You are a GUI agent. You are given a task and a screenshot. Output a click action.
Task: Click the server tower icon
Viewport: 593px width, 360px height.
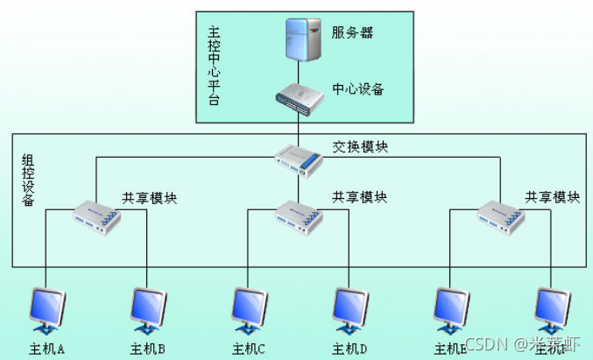(299, 40)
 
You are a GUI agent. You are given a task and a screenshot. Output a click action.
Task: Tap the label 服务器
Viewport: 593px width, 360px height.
(353, 33)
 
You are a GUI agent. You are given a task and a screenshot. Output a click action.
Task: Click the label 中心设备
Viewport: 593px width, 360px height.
(357, 89)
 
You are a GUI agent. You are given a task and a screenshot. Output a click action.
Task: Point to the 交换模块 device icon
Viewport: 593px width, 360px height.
(299, 159)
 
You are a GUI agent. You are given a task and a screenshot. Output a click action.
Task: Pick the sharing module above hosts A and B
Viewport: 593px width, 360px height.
(97, 215)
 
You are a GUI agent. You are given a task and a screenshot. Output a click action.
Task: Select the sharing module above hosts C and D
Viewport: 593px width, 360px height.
(299, 215)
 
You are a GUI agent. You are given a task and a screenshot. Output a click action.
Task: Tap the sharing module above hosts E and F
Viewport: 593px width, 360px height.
(500, 215)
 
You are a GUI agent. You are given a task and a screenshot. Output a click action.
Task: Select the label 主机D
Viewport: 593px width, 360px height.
(349, 349)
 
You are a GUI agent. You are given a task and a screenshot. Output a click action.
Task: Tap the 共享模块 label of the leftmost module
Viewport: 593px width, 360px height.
(149, 198)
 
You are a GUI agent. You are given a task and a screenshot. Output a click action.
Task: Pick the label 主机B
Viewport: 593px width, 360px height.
(148, 349)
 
